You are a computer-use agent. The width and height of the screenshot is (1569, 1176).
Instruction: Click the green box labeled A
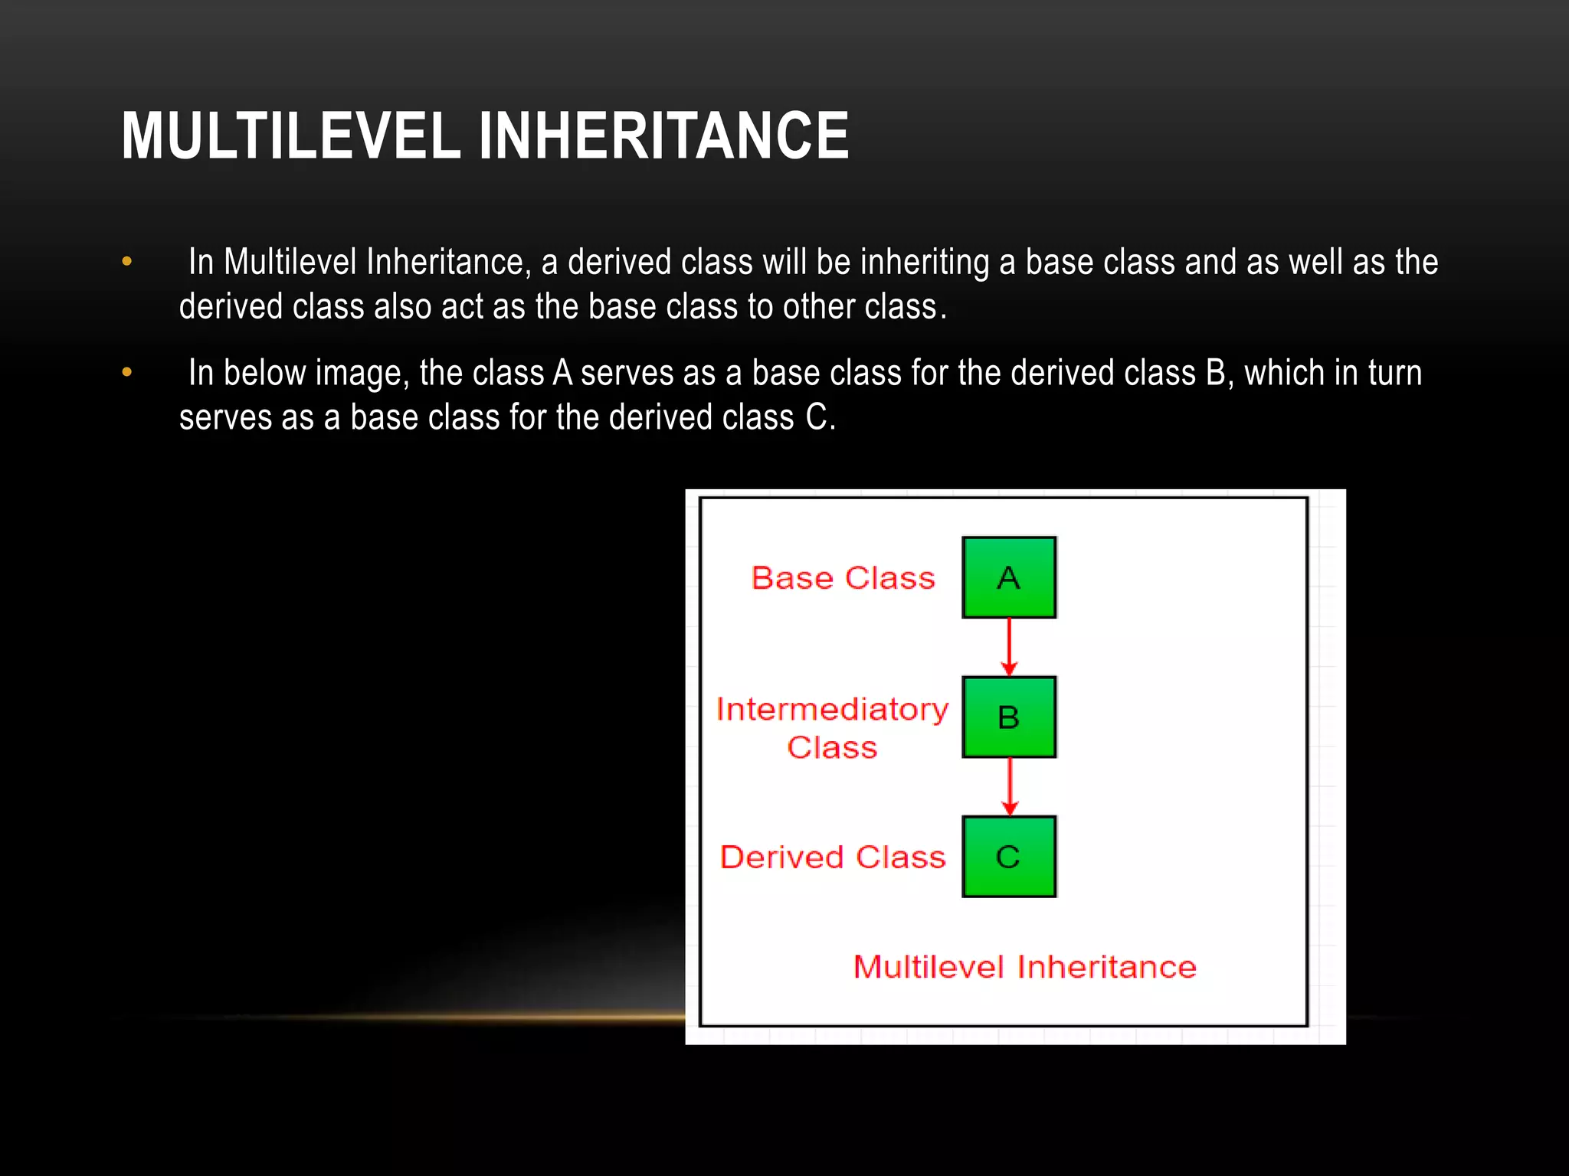pyautogui.click(x=1009, y=577)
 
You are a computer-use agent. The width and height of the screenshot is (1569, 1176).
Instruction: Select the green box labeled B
pyautogui.click(x=1009, y=717)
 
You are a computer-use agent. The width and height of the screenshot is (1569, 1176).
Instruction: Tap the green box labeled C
pyautogui.click(x=1009, y=856)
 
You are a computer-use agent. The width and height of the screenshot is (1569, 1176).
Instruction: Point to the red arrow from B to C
pyautogui.click(x=1009, y=786)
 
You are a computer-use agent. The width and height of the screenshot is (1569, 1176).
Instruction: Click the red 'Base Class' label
pyautogui.click(x=843, y=578)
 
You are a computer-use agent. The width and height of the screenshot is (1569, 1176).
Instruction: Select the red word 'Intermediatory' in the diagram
pyautogui.click(x=832, y=710)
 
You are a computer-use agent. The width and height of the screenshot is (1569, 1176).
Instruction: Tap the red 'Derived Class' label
pyautogui.click(x=833, y=857)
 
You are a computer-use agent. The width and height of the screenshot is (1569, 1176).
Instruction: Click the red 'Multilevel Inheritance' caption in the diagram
pyautogui.click(x=1024, y=967)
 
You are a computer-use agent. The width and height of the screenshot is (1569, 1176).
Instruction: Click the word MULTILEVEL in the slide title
pyautogui.click(x=290, y=136)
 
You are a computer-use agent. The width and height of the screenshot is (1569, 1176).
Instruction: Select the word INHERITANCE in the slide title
pyautogui.click(x=663, y=136)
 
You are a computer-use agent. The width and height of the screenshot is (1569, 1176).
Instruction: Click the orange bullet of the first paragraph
pyautogui.click(x=127, y=262)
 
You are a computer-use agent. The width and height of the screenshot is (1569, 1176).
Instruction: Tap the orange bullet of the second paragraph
pyautogui.click(x=127, y=373)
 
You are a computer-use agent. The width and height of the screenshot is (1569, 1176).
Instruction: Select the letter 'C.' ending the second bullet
pyautogui.click(x=820, y=418)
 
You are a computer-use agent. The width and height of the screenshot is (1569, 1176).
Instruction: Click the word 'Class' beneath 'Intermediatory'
pyautogui.click(x=832, y=747)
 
